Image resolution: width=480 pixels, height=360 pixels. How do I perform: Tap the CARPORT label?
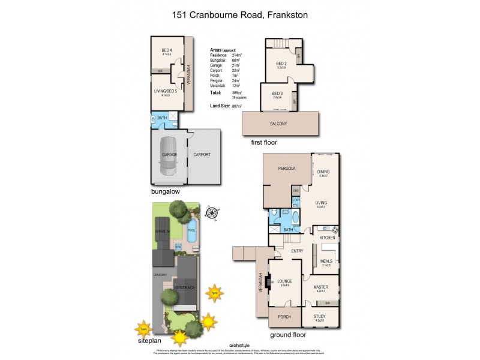pos(202,155)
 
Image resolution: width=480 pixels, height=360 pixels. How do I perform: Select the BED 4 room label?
pos(167,50)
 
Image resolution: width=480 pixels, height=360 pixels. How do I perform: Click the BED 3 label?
pos(277,94)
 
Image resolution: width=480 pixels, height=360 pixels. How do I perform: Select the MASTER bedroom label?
pos(322,287)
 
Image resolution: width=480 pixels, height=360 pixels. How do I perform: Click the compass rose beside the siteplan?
pos(211,212)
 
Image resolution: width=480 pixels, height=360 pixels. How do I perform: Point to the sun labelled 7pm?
pos(214,294)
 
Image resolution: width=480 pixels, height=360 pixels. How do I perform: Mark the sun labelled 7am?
pos(142,329)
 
